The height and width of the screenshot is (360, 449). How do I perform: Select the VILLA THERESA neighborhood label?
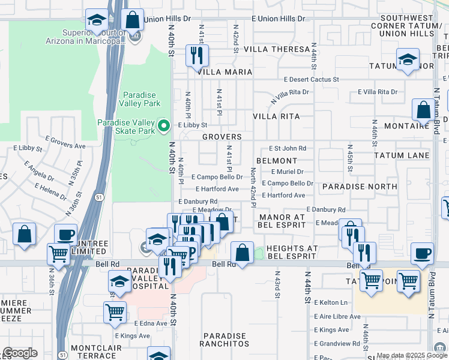pyautogui.click(x=282, y=49)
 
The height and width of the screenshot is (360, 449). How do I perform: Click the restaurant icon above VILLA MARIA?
pyautogui.click(x=197, y=56)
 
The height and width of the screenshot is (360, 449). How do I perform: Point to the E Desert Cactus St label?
pyautogui.click(x=312, y=79)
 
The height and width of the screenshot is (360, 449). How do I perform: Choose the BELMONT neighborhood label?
pyautogui.click(x=276, y=161)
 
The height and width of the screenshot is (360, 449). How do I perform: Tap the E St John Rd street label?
pyautogui.click(x=287, y=148)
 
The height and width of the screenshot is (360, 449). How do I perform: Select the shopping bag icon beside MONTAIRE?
pyautogui.click(x=423, y=110)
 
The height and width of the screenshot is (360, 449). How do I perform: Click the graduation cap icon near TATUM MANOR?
pyautogui.click(x=408, y=60)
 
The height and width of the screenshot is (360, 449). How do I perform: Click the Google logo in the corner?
pyautogui.click(x=20, y=353)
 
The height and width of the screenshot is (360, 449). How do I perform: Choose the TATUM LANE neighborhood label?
pyautogui.click(x=401, y=155)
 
